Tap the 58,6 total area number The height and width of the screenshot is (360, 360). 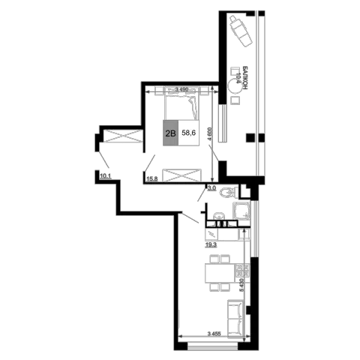tap(189, 133)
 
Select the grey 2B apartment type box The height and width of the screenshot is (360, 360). tap(171, 133)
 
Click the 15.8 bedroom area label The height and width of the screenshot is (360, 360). tap(152, 178)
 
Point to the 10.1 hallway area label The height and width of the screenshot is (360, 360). tap(105, 176)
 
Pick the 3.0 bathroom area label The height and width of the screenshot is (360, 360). tap(211, 188)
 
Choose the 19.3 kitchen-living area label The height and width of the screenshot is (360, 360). tap(211, 244)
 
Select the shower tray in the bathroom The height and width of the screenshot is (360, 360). tap(241, 211)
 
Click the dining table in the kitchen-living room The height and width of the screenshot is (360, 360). tap(220, 273)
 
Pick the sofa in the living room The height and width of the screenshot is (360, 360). tap(235, 318)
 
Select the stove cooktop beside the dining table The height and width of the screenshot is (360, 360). tap(242, 271)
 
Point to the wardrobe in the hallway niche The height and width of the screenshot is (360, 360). tap(122, 136)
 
